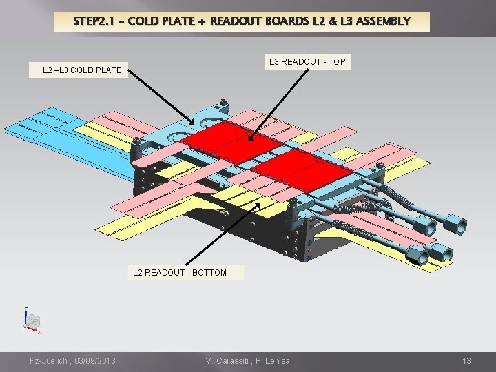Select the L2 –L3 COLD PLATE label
(82, 70)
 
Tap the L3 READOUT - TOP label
(307, 62)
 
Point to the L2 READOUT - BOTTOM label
(180, 272)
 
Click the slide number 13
(466, 361)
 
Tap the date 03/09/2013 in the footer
(93, 361)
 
